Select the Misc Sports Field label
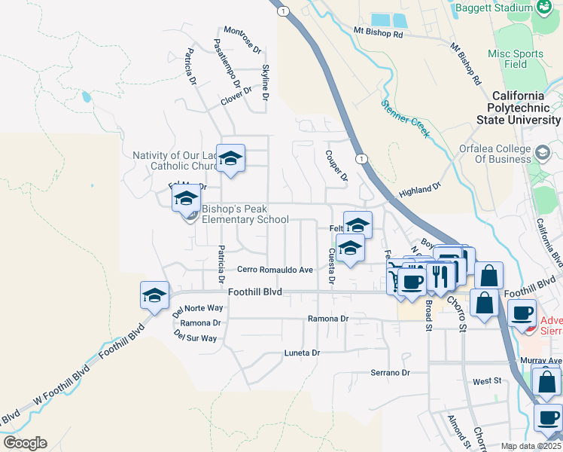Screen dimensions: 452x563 [x=515, y=59]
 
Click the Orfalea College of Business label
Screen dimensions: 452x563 [x=495, y=154]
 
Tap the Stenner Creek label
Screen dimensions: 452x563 [x=405, y=119]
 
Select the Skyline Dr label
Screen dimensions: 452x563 [x=266, y=82]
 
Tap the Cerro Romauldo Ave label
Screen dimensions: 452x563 [x=275, y=270]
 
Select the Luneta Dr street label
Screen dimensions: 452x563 [x=302, y=353]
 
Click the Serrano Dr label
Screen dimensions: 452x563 [x=390, y=373]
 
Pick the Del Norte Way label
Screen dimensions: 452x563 [x=197, y=309]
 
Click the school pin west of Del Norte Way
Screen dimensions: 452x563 [x=154, y=295]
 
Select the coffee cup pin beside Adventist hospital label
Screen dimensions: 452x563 [x=522, y=313]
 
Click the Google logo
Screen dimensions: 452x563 [x=25, y=443]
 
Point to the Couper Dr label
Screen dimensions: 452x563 [x=336, y=165]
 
